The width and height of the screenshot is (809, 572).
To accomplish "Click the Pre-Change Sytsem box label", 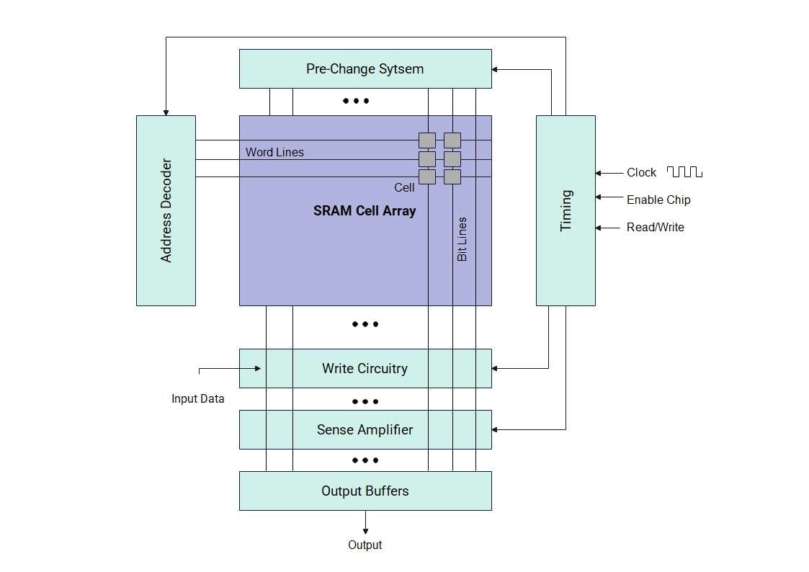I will click(365, 69).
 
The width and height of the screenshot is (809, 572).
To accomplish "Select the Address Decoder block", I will click(166, 210).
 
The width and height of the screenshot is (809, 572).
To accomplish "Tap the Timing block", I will click(566, 210).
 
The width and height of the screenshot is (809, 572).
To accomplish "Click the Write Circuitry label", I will click(365, 369).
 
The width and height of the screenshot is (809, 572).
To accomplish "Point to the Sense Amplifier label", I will click(365, 430).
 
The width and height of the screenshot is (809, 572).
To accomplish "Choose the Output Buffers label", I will click(365, 491).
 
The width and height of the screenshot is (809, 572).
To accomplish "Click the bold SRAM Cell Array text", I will click(365, 211).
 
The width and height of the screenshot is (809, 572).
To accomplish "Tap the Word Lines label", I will click(274, 153).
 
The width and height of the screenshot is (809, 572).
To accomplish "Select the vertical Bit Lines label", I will click(462, 239).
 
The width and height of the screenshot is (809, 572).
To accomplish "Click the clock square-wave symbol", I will click(684, 172).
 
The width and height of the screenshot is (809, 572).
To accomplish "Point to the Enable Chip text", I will click(658, 200).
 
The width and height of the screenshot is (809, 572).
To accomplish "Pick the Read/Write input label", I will click(656, 228).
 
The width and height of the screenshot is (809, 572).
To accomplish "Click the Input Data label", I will click(197, 399).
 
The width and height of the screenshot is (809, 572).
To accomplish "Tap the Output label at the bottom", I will click(365, 545).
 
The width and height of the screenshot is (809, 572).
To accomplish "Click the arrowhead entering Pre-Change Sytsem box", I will click(496, 70).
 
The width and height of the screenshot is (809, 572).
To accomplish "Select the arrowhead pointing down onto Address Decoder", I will click(166, 112).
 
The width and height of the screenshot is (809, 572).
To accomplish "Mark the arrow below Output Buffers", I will click(365, 522).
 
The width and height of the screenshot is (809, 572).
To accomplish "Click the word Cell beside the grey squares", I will click(404, 188).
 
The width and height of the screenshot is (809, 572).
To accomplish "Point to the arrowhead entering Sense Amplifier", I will click(496, 430).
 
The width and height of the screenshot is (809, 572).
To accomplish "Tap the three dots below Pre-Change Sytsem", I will click(356, 101).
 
